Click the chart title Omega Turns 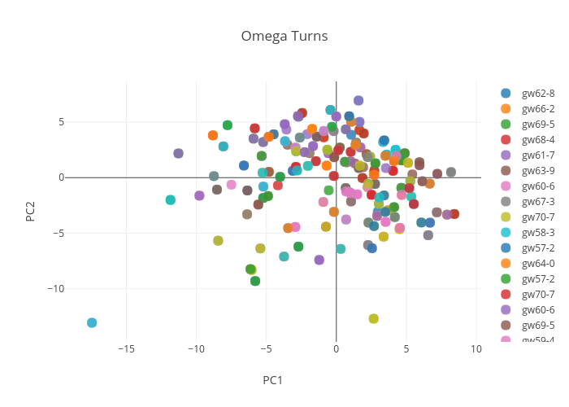(x=284, y=37)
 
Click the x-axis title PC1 (x=272, y=380)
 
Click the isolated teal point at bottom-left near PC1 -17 (x=92, y=323)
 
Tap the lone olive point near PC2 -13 (x=374, y=319)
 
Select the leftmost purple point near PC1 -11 (x=179, y=153)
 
